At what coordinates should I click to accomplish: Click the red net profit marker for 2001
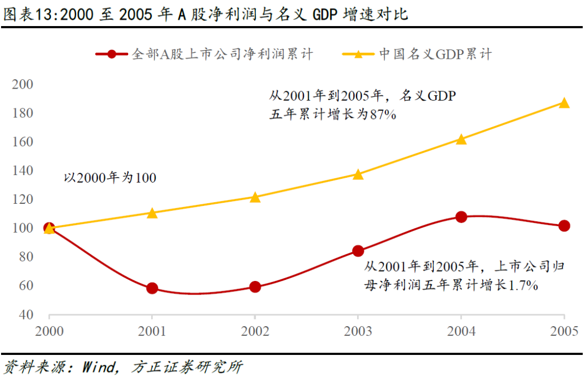(x=152, y=288)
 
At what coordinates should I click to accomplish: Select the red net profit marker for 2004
(x=461, y=217)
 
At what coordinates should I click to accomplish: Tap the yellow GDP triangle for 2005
(x=564, y=103)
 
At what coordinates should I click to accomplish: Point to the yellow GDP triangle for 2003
(x=358, y=174)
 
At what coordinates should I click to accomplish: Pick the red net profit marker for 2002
(x=255, y=287)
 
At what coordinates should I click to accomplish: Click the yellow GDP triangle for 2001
(x=152, y=213)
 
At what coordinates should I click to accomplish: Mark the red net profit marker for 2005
(x=564, y=226)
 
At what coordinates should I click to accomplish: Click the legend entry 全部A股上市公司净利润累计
(x=204, y=54)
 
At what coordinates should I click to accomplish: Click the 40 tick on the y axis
(x=27, y=315)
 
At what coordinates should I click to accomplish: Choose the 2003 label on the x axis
(x=358, y=331)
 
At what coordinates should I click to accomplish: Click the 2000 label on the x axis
(x=49, y=331)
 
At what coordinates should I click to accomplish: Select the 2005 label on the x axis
(x=564, y=331)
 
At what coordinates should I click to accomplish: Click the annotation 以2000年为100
(x=110, y=178)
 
